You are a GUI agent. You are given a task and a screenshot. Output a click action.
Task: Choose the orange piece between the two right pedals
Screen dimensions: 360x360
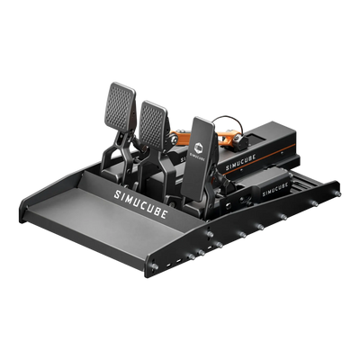pyautogui.click(x=173, y=139)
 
